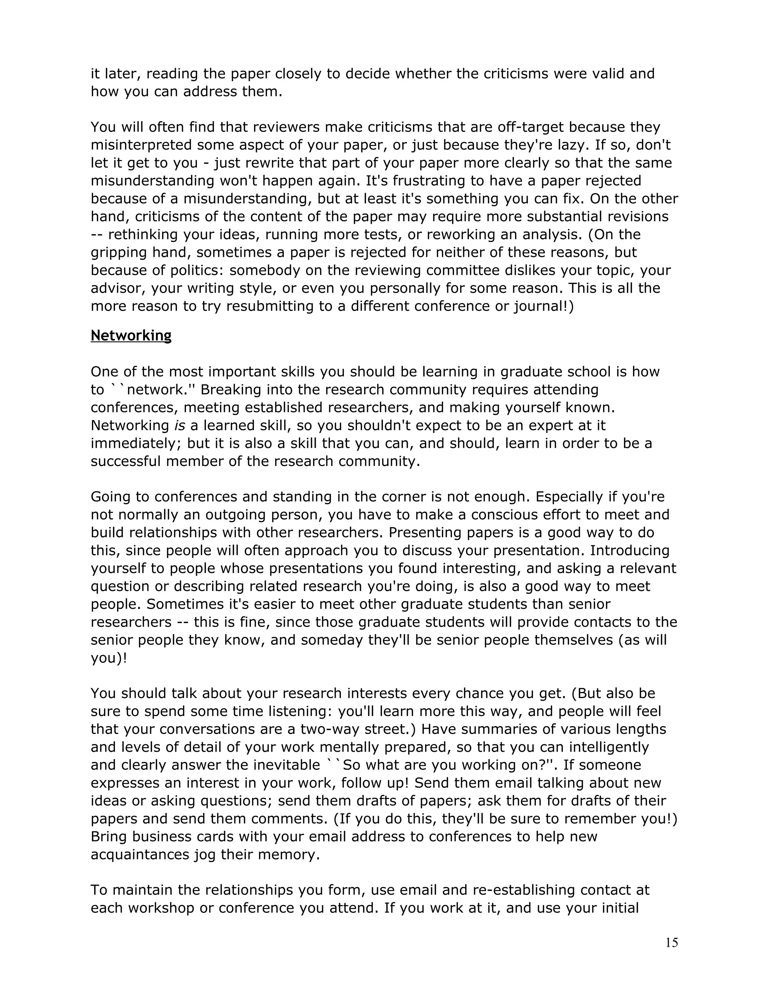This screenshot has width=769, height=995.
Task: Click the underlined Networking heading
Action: click(131, 335)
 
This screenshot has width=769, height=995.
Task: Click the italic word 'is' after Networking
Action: click(179, 425)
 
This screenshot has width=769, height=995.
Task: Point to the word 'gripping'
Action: click(118, 253)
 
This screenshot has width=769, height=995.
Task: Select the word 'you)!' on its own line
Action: click(109, 658)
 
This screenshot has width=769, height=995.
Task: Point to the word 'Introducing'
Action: click(630, 551)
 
